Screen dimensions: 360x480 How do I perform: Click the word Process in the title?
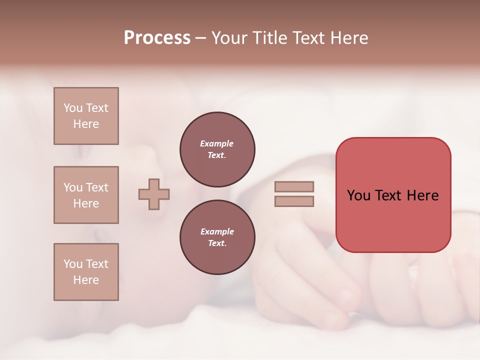[x=157, y=38]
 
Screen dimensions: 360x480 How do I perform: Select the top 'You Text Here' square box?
[x=86, y=116]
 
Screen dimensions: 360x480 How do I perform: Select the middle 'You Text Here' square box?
[x=86, y=195]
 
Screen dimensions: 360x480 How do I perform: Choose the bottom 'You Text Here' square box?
[x=86, y=272]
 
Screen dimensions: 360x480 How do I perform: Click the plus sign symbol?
[x=154, y=194]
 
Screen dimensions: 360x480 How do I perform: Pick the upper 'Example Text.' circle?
[x=217, y=149]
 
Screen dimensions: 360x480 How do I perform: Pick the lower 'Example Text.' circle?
[x=217, y=237]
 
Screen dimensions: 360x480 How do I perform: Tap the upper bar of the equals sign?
[x=294, y=186]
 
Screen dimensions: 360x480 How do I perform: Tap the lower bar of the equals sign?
[x=294, y=201]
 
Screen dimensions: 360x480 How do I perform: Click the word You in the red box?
[x=358, y=195]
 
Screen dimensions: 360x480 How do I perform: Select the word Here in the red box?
[x=422, y=195]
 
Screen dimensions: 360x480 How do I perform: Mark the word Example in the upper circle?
[x=217, y=143]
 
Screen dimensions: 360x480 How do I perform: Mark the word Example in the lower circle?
[x=217, y=231]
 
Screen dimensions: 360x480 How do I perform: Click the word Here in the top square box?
[x=86, y=124]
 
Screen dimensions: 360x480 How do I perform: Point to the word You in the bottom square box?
[x=73, y=264]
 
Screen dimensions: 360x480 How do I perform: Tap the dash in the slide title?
[x=201, y=38]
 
